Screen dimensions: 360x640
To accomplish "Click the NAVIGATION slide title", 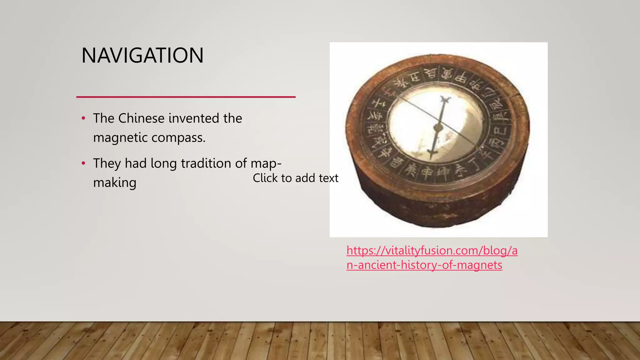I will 142,56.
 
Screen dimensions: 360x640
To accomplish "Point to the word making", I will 115,183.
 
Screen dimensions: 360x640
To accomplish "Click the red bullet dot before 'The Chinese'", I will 83,118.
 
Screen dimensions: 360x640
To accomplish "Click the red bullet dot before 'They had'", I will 83,163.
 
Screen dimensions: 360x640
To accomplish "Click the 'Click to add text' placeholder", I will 295,178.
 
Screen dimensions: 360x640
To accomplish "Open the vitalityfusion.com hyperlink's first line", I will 432,251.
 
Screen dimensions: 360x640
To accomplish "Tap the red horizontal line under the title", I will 186,97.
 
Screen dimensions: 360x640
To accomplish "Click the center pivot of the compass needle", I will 438,127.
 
